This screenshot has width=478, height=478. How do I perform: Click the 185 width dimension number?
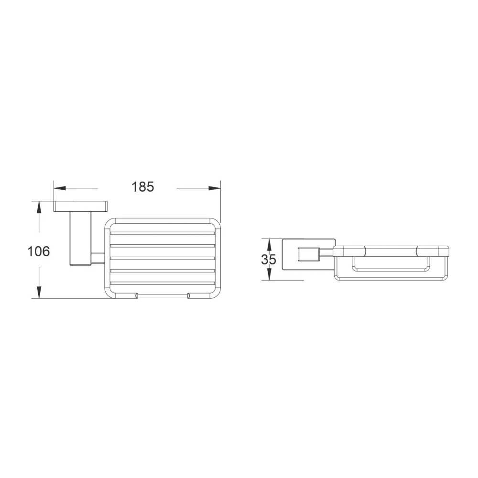[x=142, y=187]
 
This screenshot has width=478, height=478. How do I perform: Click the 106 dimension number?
[x=38, y=251]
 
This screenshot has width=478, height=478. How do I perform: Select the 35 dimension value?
[x=269, y=260]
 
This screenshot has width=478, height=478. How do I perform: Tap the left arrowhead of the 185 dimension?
[x=60, y=188]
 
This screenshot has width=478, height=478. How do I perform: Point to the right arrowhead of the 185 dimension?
[x=215, y=188]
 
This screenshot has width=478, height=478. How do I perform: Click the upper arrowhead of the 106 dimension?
[x=39, y=207]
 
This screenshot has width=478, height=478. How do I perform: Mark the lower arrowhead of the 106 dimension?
[x=39, y=292]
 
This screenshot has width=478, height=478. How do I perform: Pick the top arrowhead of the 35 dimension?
[x=269, y=244]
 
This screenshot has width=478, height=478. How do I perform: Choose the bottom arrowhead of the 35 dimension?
[x=269, y=274]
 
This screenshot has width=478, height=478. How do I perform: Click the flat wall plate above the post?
[x=80, y=206]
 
